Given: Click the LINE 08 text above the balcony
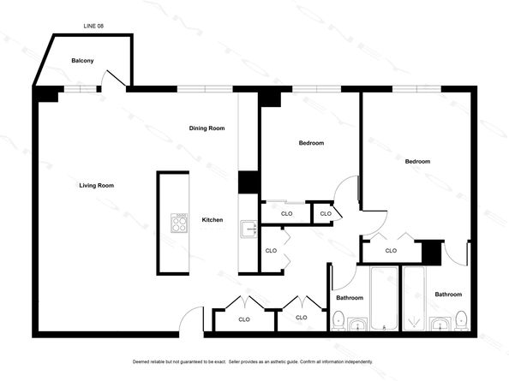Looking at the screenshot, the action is point(93,26).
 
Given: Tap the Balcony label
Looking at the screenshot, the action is point(82,61).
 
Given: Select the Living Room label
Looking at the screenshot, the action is point(97,186).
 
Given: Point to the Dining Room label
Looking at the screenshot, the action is point(207,128).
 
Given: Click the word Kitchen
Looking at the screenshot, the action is point(213,220).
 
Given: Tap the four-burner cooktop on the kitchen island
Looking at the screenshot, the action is point(179,223).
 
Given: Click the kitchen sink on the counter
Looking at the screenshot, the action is point(249,229).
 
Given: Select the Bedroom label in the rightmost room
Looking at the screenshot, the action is point(417,162).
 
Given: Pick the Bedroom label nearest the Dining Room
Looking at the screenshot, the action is point(311,143).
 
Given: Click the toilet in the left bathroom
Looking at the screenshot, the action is point(338,320).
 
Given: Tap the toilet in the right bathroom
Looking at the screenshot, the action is point(461,320).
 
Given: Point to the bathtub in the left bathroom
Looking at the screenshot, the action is point(384,298).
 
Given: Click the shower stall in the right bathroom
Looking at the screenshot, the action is point(414,298).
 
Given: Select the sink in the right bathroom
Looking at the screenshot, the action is point(440,324).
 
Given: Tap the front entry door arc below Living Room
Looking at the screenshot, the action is point(191,319).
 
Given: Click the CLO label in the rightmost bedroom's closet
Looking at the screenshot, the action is point(391,251).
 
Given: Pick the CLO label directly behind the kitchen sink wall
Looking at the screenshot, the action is point(271,251).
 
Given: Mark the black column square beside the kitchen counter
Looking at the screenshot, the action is point(249,182).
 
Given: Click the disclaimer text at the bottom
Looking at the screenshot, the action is point(253,361).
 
